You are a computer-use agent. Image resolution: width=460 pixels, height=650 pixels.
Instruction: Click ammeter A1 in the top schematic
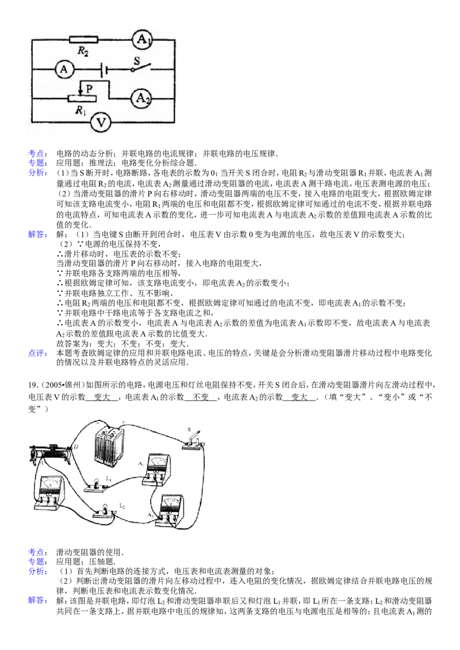pyautogui.click(x=142, y=40)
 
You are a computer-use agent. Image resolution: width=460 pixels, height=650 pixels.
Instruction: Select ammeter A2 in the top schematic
pyautogui.click(x=141, y=99)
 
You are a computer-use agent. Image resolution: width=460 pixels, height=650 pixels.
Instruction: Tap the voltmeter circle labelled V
pyautogui.click(x=101, y=122)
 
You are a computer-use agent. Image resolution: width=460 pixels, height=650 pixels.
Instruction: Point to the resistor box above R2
pyautogui.click(x=83, y=40)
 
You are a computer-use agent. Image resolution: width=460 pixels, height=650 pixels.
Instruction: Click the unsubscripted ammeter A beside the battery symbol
pyautogui.click(x=64, y=69)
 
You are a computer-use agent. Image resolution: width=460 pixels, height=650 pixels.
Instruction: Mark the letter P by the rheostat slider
pyautogui.click(x=89, y=88)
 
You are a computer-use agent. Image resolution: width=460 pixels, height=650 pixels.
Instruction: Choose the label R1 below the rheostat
pyautogui.click(x=80, y=110)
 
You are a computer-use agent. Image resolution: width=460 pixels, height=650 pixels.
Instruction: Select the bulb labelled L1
pyautogui.click(x=97, y=485)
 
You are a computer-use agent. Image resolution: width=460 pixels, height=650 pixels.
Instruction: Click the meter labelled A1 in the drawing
pyautogui.click(x=156, y=469)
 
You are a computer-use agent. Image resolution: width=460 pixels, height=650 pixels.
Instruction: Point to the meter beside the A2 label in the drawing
pyautogui.click(x=170, y=510)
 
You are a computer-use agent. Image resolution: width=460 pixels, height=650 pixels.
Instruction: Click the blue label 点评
pyautogui.click(x=37, y=353)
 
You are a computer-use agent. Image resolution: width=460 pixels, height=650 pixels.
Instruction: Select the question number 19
pyautogui.click(x=32, y=385)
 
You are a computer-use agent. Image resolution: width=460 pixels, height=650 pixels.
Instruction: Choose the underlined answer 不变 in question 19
pyautogui.click(x=201, y=397)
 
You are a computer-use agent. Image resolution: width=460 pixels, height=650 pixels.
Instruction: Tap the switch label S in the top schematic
pyautogui.click(x=137, y=60)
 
